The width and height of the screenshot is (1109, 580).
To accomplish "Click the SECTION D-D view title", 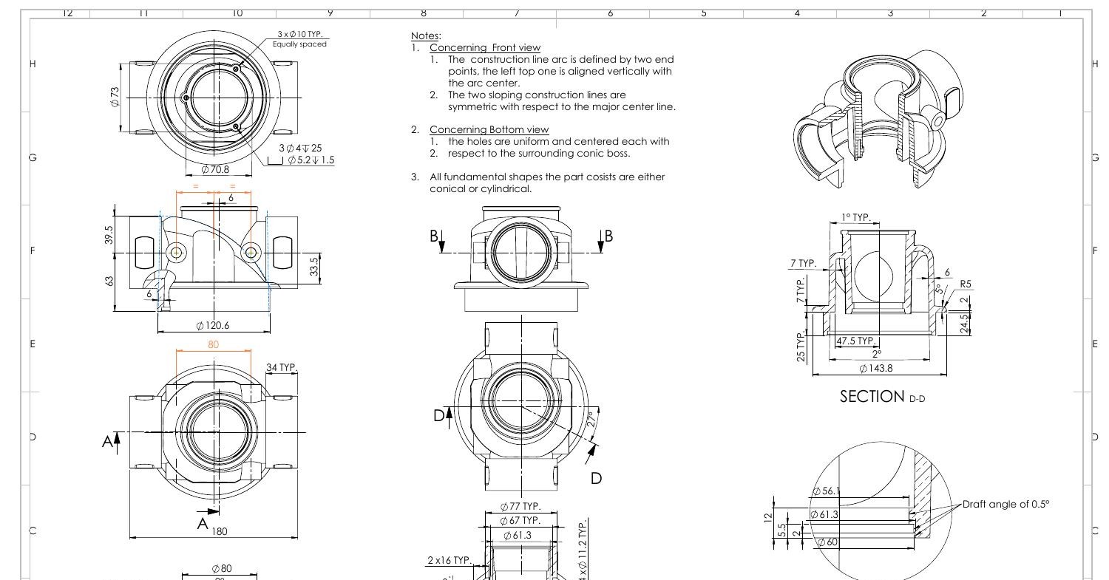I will (882, 397).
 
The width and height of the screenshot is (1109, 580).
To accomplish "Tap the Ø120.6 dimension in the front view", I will (214, 326).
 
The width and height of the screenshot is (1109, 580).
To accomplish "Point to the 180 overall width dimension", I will (220, 530).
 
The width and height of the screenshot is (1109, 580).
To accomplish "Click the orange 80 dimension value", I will (214, 344).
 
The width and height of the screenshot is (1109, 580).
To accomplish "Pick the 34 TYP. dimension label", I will (281, 367).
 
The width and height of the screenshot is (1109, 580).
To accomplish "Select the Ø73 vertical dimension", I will (115, 97).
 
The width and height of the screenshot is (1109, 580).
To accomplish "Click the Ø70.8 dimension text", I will (215, 169).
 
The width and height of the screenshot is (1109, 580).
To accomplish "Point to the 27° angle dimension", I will (591, 420).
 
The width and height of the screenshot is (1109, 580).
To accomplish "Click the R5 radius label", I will (966, 284).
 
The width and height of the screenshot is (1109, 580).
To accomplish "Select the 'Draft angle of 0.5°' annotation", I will (1005, 505).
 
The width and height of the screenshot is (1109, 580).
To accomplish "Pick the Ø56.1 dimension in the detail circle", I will (826, 491).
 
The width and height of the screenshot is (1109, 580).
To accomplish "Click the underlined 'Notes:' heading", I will (425, 35).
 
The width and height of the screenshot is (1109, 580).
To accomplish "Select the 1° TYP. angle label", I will (855, 218).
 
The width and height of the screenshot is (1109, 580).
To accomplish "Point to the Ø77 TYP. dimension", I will (520, 507).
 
